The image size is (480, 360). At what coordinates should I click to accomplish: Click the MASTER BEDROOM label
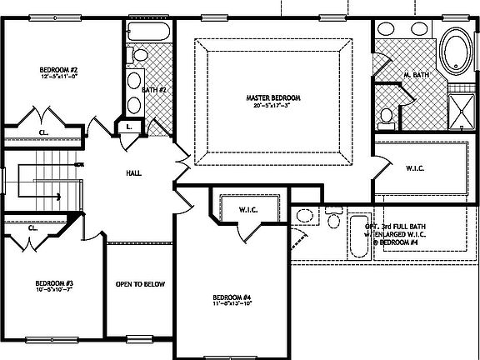point(273,97)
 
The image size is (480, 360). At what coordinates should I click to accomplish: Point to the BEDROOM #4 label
point(232,297)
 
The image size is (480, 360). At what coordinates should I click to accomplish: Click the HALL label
point(132,173)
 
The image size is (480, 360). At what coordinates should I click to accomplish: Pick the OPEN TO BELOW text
point(140,284)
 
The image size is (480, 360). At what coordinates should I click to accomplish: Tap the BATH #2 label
point(156,88)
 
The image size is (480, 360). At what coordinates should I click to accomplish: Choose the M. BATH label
point(416,76)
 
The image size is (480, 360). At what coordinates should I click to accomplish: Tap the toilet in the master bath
point(387,117)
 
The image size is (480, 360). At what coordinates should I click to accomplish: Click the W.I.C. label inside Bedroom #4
point(252,209)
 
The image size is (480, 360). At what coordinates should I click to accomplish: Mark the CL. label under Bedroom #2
point(43,132)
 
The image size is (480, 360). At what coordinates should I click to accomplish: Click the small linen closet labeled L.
point(129,127)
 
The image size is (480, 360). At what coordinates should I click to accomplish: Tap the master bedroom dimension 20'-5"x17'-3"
point(273,106)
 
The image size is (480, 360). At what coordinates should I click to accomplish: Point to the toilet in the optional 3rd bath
point(334,221)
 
